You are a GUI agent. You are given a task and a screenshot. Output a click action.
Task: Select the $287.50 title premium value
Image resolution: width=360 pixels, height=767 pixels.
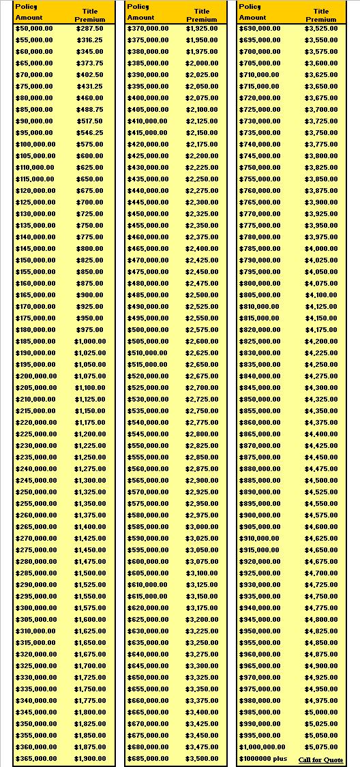pos(90,29)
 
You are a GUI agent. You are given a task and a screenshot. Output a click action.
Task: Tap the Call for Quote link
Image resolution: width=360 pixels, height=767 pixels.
pos(320,760)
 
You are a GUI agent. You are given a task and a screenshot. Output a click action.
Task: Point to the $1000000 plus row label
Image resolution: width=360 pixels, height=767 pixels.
pos(262,760)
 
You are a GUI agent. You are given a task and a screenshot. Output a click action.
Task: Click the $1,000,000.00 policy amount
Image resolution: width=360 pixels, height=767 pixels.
pos(262,748)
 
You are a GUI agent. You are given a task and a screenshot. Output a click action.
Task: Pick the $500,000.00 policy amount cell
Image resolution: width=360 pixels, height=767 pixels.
pos(147,330)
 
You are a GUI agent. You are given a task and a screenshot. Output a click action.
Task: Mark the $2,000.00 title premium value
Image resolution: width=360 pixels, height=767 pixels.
pos(202,63)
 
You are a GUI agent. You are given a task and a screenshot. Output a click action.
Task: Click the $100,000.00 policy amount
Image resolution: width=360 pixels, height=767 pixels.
pos(35,145)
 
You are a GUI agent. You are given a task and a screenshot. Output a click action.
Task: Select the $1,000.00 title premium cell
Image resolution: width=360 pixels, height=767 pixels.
pos(90,342)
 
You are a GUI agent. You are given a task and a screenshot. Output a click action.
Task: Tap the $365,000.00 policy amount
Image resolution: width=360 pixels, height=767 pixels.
pos(35,759)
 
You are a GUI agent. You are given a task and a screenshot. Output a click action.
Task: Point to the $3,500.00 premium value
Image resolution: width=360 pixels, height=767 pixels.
pos(202,759)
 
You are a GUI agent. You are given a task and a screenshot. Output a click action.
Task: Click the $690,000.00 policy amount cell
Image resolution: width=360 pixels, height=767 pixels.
pos(259,29)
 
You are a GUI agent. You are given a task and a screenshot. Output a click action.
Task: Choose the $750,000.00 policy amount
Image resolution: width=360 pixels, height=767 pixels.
pos(259,168)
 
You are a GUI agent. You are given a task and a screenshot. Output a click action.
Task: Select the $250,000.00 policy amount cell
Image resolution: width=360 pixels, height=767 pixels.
pos(35,492)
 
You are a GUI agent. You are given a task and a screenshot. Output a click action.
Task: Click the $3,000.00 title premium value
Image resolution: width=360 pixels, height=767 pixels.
pos(202,527)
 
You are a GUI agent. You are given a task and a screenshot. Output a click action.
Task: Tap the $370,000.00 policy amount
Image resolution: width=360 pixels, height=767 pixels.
pos(147,29)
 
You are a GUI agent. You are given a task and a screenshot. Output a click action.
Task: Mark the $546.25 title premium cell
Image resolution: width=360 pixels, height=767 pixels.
pos(90,133)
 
